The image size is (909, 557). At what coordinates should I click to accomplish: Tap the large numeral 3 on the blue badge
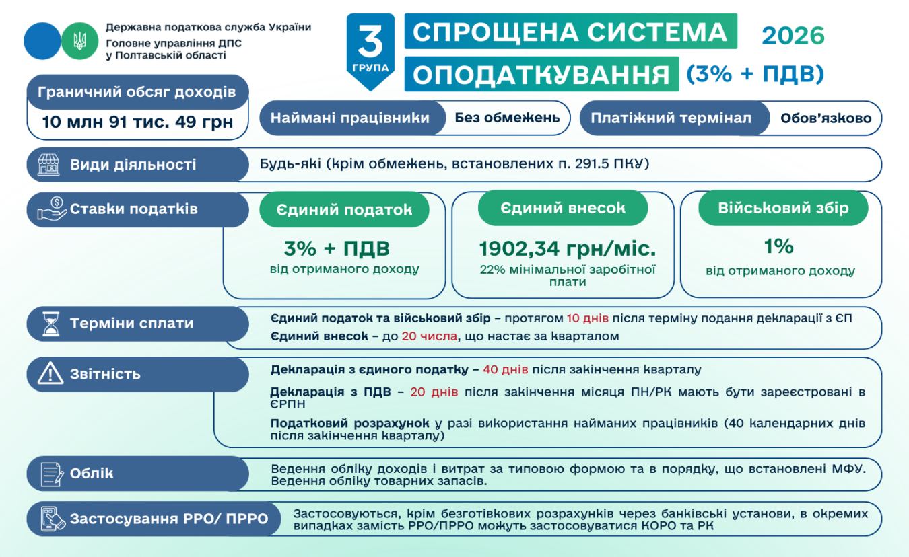point(370,42)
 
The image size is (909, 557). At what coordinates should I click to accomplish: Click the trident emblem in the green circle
point(75,40)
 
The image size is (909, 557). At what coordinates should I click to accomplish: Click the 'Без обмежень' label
point(506,118)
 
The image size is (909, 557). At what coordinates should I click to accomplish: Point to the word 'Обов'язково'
point(826,118)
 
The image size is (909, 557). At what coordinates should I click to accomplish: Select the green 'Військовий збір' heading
point(782,208)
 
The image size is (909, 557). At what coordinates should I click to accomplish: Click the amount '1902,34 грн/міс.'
point(567,249)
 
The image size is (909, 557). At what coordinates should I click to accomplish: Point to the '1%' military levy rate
point(779,246)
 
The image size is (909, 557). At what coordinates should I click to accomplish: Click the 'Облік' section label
point(92,473)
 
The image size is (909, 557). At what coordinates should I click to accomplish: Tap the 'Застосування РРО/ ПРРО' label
point(168,519)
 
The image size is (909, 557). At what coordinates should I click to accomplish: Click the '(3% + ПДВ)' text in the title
point(755,75)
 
